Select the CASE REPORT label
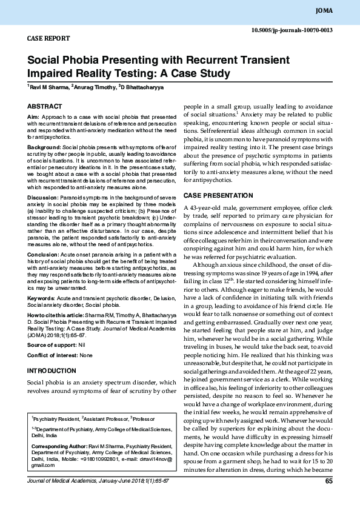tap(48, 38)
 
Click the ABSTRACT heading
tap(45, 106)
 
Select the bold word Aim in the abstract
tap(33, 116)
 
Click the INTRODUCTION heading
tap(52, 370)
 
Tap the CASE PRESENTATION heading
tap(218, 195)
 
